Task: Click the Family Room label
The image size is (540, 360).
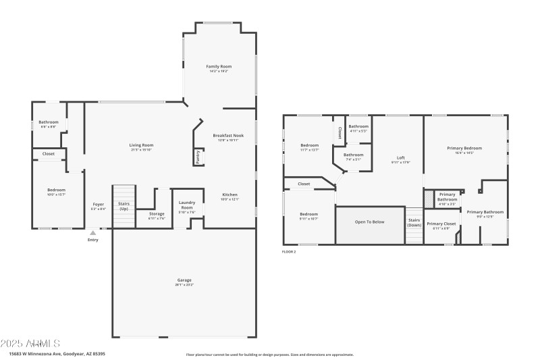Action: [x=219, y=66]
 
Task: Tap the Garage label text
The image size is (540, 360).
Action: [x=184, y=280]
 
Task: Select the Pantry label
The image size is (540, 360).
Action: [x=198, y=157]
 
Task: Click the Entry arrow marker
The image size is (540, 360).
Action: [x=93, y=232]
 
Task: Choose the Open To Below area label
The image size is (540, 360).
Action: [x=369, y=222]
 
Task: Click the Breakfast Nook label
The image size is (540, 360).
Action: [x=228, y=135]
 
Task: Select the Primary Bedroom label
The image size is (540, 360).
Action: [x=464, y=148]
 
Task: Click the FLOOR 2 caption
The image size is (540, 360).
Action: [x=289, y=251]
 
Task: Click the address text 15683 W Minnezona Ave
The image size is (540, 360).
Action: [x=57, y=353]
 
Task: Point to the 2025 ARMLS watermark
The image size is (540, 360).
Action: [x=30, y=344]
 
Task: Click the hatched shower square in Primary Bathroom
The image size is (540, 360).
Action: [x=428, y=199]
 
